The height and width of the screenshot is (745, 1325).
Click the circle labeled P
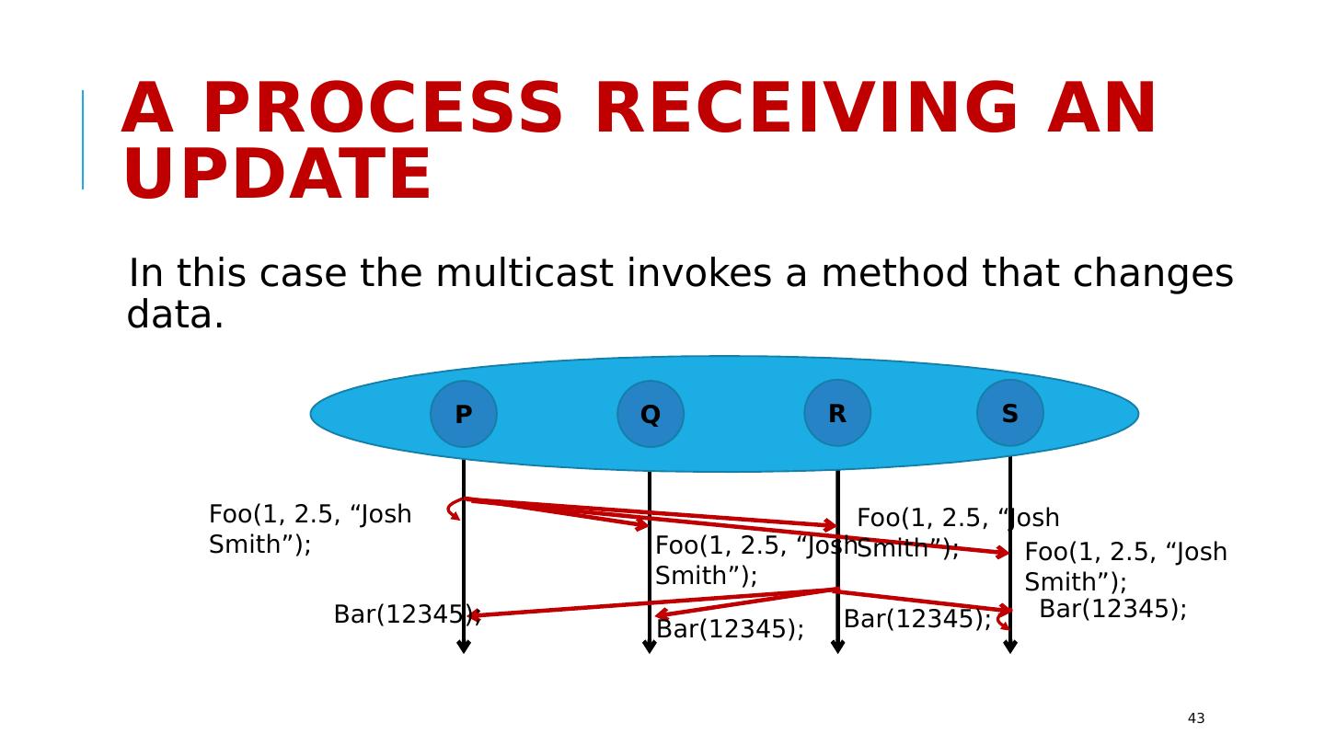tap(464, 414)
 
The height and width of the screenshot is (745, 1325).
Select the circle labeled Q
tap(651, 414)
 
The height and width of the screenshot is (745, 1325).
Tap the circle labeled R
tap(837, 413)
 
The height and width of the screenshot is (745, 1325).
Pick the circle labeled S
tap(1010, 413)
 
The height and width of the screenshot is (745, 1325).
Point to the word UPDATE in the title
tap(277, 175)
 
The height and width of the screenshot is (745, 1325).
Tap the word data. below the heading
tap(176, 315)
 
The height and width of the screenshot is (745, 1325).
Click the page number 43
tap(1195, 718)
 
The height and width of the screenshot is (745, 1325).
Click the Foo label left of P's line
tap(309, 529)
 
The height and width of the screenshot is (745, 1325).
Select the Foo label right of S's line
tap(1125, 567)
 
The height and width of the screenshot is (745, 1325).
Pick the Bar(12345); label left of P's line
tap(405, 614)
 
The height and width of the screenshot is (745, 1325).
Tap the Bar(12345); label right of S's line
tap(1112, 609)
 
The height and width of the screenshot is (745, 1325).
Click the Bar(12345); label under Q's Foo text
tap(730, 629)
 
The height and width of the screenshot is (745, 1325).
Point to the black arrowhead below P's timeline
tap(464, 647)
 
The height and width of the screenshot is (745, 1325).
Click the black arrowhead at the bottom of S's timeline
tap(1010, 647)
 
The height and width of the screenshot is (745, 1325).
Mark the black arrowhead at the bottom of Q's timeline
tap(650, 647)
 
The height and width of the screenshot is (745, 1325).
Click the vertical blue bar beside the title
tap(83, 140)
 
